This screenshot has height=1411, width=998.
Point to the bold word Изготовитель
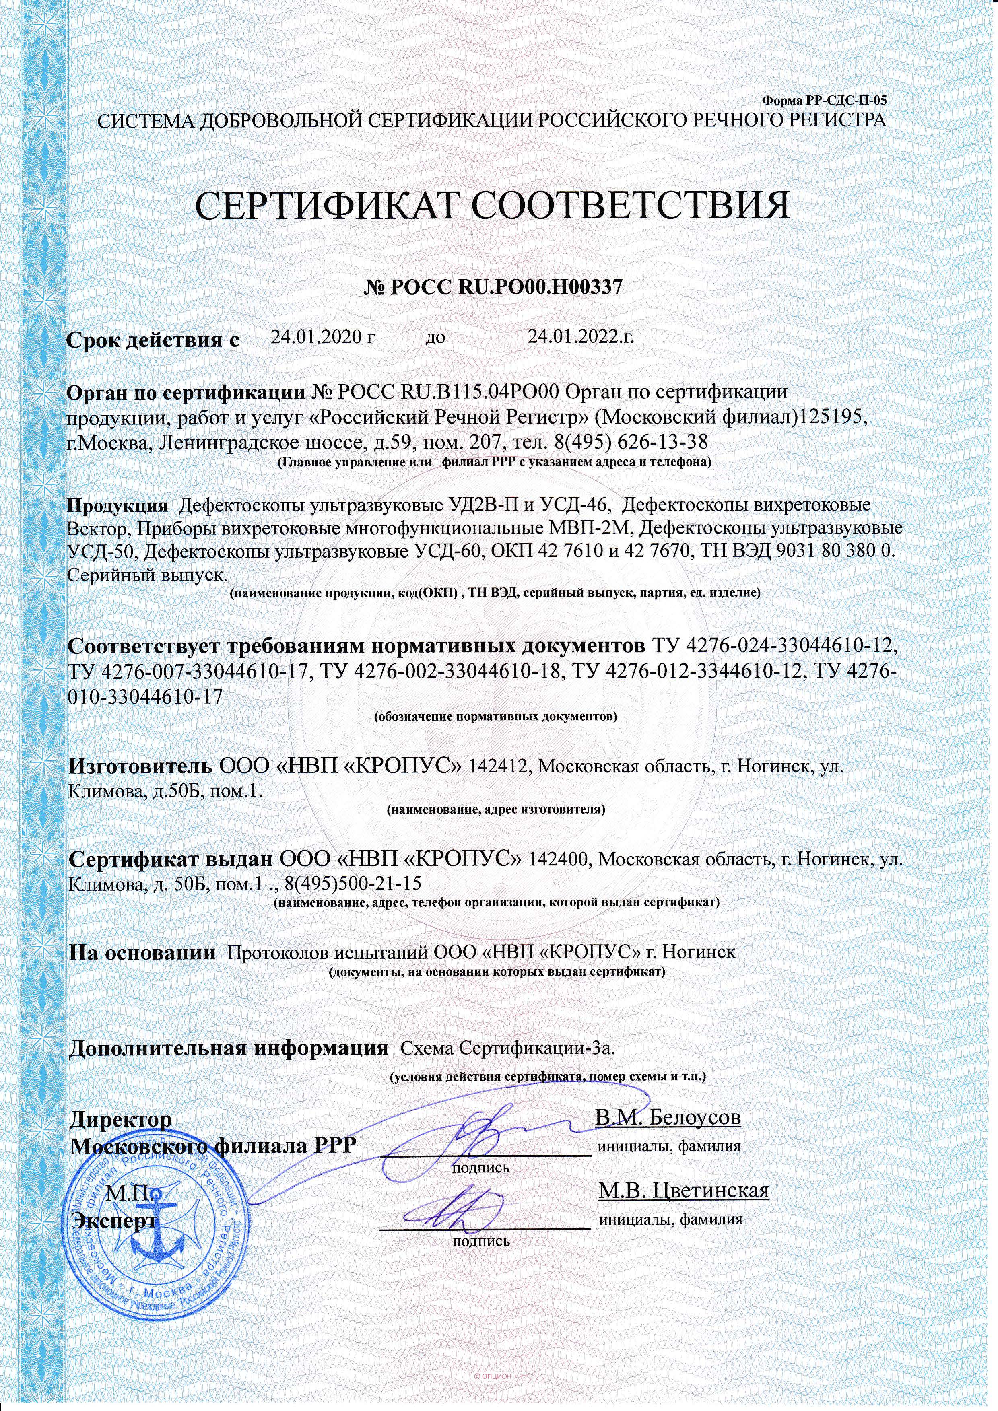tap(140, 766)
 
